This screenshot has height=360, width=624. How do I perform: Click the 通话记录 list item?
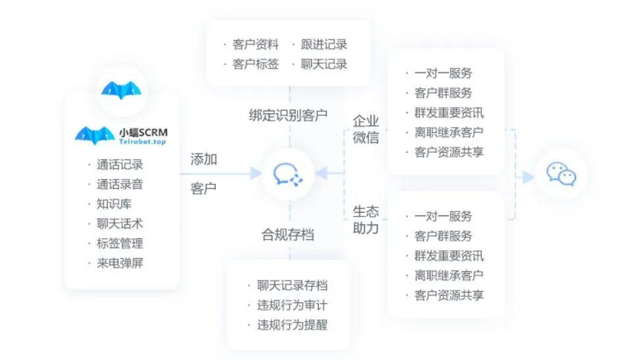coord(119,165)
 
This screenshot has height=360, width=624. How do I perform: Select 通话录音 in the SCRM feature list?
coord(119,184)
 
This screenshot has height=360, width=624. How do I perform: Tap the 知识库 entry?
coord(114,203)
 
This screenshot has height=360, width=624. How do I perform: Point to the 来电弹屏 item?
coord(119,263)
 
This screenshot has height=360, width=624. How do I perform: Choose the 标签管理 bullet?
coord(119,243)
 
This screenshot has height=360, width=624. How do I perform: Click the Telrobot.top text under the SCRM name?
coord(142,141)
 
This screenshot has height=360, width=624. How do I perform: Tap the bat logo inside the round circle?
coord(121,90)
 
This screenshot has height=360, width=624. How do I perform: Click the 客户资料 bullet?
coord(255,44)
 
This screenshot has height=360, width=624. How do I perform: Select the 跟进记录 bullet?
coord(324,44)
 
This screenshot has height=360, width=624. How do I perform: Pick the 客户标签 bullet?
coord(255,64)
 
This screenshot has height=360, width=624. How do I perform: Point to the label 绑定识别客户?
coord(288,115)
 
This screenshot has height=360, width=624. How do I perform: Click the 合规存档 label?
coord(288,235)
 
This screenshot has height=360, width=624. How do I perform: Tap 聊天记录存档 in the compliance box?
coord(292,285)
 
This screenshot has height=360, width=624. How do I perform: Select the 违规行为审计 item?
coord(292,305)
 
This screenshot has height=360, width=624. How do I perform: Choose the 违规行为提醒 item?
coord(292,324)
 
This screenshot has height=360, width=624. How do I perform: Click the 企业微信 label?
coord(366,129)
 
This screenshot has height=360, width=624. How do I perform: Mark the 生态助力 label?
coord(366,220)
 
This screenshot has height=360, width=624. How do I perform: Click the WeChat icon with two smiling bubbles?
coord(561,174)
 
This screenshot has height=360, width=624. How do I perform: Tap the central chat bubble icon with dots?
coord(288,174)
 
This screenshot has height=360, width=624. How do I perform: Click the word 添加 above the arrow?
coord(203,159)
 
